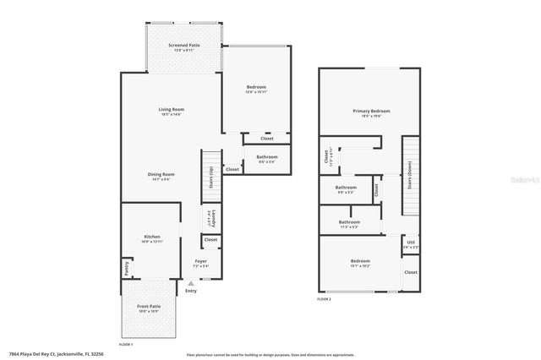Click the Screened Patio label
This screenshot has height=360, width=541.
pyautogui.click(x=183, y=45)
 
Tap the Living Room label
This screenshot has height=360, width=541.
pyautogui.click(x=171, y=110)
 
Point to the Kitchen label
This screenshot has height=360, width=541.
pyautogui.click(x=151, y=237)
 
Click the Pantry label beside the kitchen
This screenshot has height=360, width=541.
pyautogui.click(x=127, y=267)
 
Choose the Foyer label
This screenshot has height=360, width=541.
pyautogui.click(x=201, y=261)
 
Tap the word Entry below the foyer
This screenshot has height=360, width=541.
pyautogui.click(x=191, y=292)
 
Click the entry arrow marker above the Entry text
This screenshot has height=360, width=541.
pyautogui.click(x=190, y=285)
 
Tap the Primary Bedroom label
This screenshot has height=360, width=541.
pyautogui.click(x=371, y=111)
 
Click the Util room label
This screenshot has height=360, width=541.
pyautogui.click(x=410, y=242)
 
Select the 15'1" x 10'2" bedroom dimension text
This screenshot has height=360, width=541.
pyautogui.click(x=361, y=266)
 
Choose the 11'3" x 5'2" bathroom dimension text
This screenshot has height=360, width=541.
pyautogui.click(x=349, y=227)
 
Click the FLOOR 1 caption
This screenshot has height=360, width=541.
pyautogui.click(x=126, y=345)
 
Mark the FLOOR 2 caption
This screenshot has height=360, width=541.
pyautogui.click(x=325, y=299)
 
